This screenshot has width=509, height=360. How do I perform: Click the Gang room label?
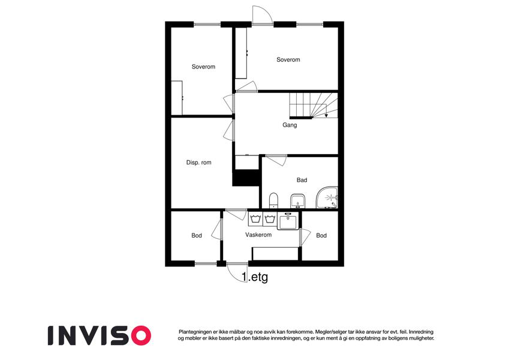pos(290,125)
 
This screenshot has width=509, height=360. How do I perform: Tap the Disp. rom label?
pos(198,163)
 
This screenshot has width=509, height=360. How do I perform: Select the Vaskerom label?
pos(258,235)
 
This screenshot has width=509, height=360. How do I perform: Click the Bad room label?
pos(302,180)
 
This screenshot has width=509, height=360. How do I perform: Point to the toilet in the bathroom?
pos(273,200)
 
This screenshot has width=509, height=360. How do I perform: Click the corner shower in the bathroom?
pos(327,197)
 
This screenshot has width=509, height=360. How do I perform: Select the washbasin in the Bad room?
pos(298,201)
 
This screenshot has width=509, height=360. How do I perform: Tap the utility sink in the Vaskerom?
pos(288,221)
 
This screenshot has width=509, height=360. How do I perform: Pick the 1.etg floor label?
pos(255,277)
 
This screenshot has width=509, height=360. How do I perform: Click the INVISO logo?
pos(100,335)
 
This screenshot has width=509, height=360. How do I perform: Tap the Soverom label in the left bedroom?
pos(203,67)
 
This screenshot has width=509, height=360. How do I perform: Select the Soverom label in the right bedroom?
pos(288,60)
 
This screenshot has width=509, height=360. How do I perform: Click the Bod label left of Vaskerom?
pos(197,236)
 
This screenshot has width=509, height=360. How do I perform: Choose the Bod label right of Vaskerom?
pos(321,236)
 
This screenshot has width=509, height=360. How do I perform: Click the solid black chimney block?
pos(246,178)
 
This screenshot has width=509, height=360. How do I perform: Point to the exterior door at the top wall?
pos(262,15)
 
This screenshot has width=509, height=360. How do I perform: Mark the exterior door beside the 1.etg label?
pos(237,272)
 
